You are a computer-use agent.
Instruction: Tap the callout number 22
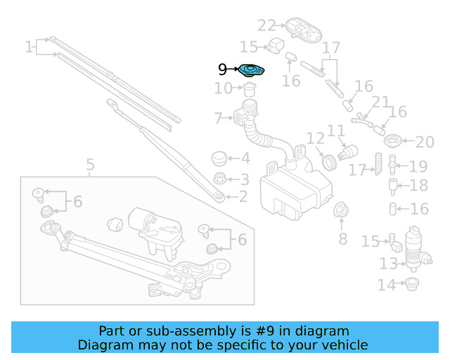click(266, 26)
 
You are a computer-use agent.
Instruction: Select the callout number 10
click(223, 89)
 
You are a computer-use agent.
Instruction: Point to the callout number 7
click(218, 117)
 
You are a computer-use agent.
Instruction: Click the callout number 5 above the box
click(90, 166)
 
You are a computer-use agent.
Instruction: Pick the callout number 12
click(314, 139)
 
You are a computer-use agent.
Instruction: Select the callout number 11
click(336, 131)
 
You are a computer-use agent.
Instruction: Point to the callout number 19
click(418, 167)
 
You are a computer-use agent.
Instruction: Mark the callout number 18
click(418, 186)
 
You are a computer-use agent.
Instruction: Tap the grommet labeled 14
click(409, 284)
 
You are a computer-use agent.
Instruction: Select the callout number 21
click(380, 103)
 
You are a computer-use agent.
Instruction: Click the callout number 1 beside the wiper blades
click(29, 48)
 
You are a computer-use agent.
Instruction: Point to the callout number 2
click(243, 198)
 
